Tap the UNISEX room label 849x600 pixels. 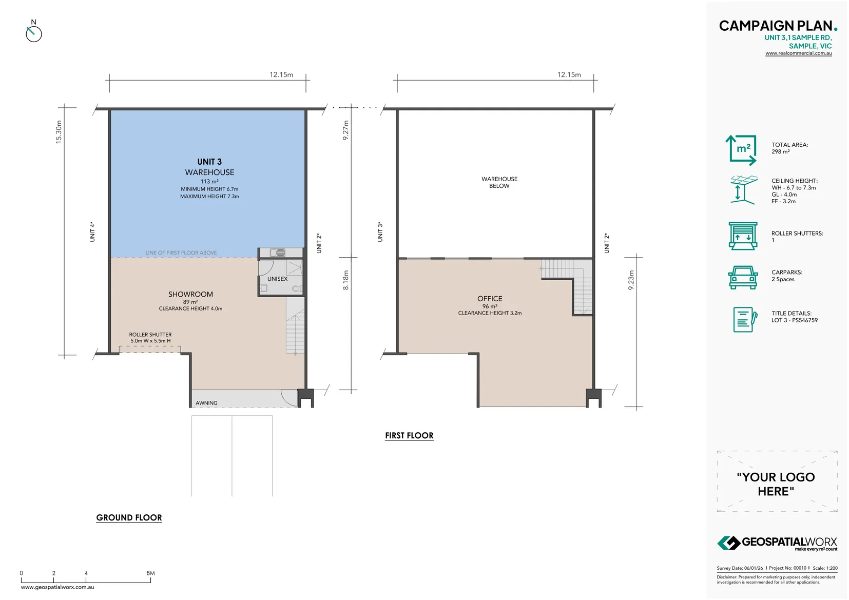[278, 279]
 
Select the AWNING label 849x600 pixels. [206, 403]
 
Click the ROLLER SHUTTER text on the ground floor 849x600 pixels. [150, 335]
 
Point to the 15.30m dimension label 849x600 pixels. [59, 132]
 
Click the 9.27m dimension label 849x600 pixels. [345, 130]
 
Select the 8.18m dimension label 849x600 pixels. [345, 280]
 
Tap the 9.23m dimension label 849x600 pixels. [631, 280]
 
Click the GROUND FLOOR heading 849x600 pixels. [129, 518]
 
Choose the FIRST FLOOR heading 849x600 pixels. [409, 436]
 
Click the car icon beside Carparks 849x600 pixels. [743, 278]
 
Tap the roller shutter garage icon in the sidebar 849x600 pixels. [743, 236]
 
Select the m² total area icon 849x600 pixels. [741, 150]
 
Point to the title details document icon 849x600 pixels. [745, 320]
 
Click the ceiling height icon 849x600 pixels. [744, 190]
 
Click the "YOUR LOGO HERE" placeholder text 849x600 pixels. [776, 484]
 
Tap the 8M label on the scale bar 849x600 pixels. [150, 573]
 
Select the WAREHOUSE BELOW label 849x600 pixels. [499, 182]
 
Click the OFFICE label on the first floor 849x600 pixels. [490, 299]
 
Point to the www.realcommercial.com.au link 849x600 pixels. [799, 53]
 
